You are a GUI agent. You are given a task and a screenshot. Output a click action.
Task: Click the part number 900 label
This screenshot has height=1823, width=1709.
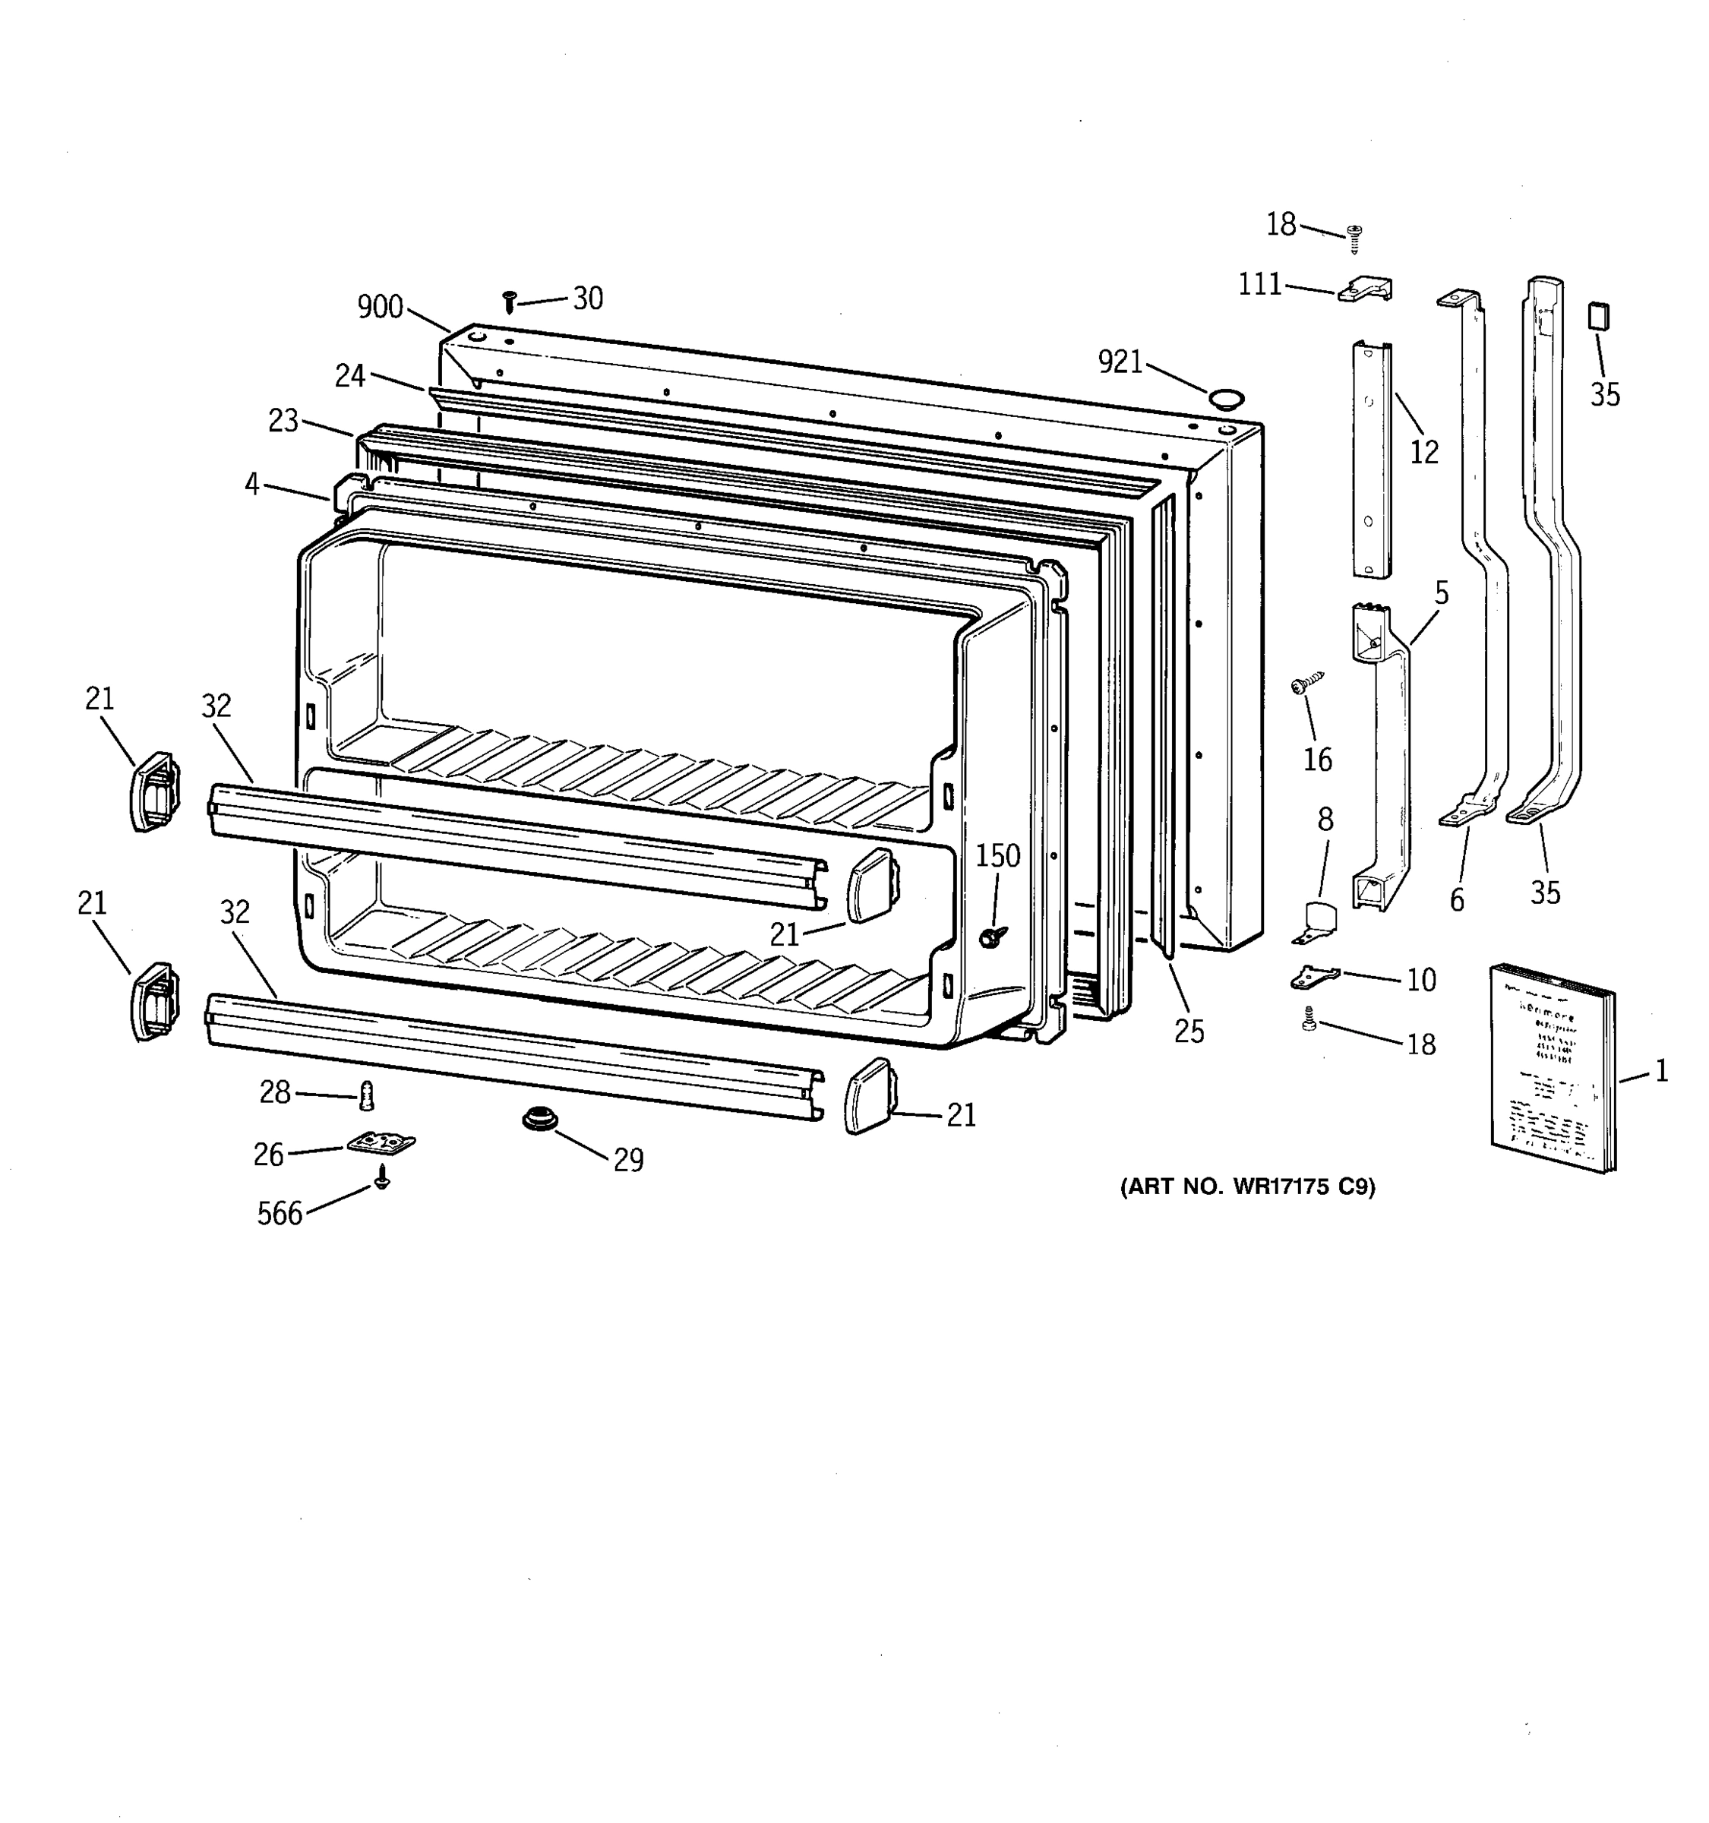(380, 306)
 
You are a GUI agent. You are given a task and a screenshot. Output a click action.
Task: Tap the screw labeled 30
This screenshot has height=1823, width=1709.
(510, 301)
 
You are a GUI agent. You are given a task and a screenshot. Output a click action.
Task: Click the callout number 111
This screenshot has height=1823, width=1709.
(1260, 285)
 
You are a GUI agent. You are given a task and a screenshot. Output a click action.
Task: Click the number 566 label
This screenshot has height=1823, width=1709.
(280, 1214)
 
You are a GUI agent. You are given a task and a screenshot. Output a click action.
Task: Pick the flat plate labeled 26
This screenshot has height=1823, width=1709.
(381, 1142)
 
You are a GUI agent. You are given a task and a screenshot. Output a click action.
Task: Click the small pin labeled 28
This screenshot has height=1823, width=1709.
(368, 1094)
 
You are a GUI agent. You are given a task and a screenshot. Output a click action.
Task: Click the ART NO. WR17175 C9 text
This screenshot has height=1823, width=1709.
(1247, 1186)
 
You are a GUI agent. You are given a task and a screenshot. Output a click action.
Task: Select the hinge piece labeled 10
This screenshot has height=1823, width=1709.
(1314, 978)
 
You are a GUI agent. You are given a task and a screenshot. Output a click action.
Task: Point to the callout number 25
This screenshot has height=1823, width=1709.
(1189, 1032)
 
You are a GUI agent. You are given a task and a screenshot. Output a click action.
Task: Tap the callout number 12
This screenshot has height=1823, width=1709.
(1424, 451)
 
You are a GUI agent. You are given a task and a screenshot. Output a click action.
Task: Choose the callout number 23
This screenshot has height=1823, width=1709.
(283, 420)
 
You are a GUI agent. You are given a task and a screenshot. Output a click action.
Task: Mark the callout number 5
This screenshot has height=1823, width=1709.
(1442, 593)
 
